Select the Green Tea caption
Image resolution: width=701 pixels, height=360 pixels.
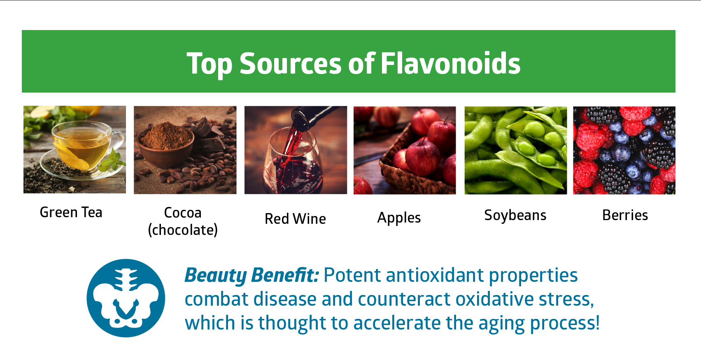click(x=71, y=212)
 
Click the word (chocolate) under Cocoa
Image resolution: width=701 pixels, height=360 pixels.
click(x=183, y=230)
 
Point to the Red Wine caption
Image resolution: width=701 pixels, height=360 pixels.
click(x=295, y=219)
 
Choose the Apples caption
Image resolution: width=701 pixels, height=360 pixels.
click(x=399, y=218)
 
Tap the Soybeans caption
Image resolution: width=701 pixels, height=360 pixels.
click(x=515, y=215)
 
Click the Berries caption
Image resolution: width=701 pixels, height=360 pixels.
click(x=625, y=215)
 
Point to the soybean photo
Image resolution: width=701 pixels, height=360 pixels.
click(x=515, y=150)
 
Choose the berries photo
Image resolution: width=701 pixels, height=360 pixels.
click(x=624, y=150)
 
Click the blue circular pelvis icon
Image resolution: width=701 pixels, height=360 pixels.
click(x=126, y=298)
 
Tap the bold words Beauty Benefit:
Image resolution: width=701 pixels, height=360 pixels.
click(x=252, y=275)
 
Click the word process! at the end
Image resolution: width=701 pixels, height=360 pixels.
click(x=564, y=323)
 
